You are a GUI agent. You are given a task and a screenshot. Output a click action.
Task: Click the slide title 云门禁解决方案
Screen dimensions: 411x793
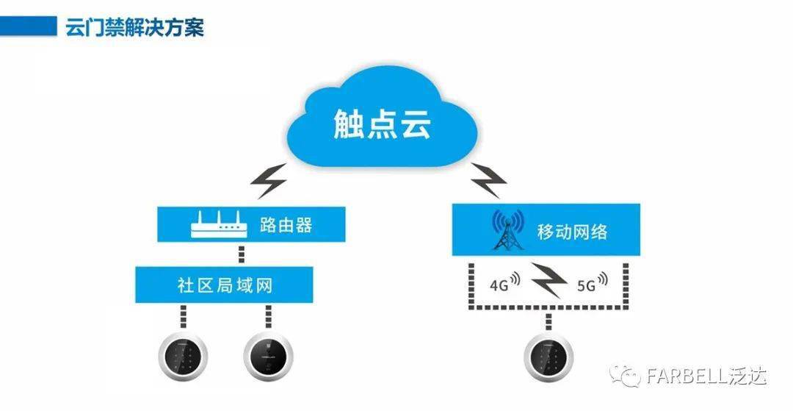point(135,28)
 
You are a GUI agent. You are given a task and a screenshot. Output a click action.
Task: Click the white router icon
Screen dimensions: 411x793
point(217,225)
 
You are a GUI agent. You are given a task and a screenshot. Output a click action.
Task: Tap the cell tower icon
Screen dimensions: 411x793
point(507,232)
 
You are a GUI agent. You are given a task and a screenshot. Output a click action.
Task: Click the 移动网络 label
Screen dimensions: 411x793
point(573,232)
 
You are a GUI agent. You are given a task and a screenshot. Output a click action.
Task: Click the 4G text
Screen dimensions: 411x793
point(498,284)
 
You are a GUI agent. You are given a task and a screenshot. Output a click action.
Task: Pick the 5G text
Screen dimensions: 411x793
point(586,283)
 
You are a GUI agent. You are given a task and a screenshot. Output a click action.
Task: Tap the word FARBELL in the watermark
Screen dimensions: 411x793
point(687,376)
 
